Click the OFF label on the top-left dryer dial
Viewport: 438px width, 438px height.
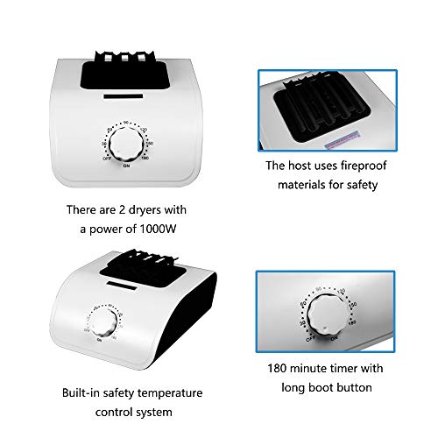[x=107, y=159]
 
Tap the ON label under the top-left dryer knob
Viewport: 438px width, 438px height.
[x=126, y=166]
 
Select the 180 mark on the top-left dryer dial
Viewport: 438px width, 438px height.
[x=145, y=158]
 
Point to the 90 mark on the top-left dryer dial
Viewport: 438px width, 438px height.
[x=126, y=123]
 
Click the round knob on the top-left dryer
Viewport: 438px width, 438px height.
[x=127, y=145]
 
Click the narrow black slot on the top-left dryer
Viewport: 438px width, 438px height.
[x=124, y=96]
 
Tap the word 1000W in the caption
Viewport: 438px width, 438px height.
[x=158, y=229]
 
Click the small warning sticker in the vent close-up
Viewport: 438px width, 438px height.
[x=343, y=140]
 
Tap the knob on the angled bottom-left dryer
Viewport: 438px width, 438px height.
[x=103, y=322]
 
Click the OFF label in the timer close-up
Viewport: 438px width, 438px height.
[x=311, y=339]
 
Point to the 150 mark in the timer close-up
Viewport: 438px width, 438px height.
[x=353, y=305]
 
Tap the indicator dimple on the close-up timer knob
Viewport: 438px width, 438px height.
[x=325, y=329]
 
